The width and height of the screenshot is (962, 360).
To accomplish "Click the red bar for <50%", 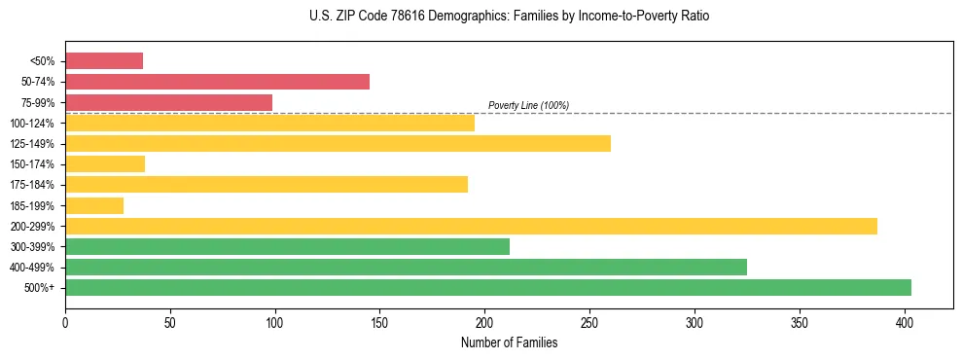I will tap(104, 61).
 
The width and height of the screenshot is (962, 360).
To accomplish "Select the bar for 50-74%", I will tap(217, 82).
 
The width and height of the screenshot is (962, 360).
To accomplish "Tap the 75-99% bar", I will tap(168, 102).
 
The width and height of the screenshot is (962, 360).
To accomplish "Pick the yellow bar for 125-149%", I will tap(338, 143).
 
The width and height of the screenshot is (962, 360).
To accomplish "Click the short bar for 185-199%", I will tap(94, 205).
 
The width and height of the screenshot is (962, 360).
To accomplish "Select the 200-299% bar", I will tap(471, 226).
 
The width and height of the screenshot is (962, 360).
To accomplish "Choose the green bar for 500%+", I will tap(487, 287).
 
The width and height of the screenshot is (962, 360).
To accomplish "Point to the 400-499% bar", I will tap(406, 267).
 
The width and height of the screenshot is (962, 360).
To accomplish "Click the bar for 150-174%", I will tap(105, 163).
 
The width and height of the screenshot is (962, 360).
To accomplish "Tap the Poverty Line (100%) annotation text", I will tap(528, 105).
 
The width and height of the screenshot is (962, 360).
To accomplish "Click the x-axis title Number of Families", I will tap(509, 342).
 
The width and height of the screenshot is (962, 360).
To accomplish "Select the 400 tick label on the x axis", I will tap(905, 321).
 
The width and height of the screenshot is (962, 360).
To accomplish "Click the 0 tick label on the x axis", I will tap(65, 321).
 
